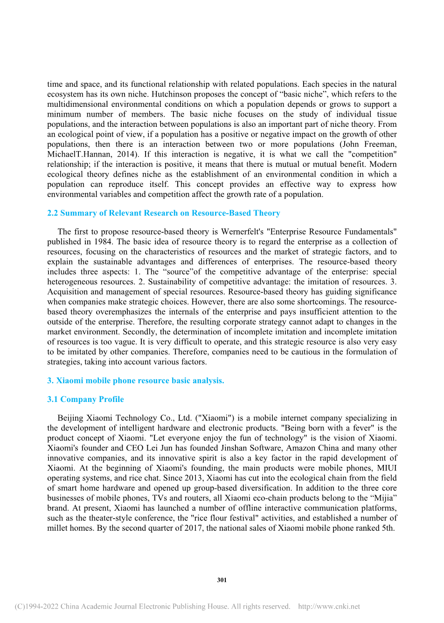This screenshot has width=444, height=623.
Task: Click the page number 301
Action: point(222,580)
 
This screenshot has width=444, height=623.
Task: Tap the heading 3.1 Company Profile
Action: point(85,399)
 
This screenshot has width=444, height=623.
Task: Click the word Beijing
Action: point(70,418)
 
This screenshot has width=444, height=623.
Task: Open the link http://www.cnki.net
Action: point(329,607)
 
